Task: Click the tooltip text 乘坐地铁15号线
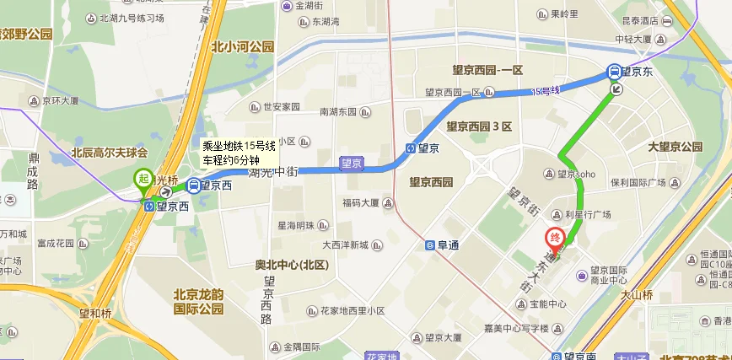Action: (240, 145)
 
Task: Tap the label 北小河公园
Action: (243, 47)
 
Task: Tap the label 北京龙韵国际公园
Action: (199, 301)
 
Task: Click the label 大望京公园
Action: (675, 147)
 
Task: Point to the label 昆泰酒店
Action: (638, 20)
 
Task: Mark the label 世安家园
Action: (282, 107)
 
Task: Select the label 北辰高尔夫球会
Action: (109, 153)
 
